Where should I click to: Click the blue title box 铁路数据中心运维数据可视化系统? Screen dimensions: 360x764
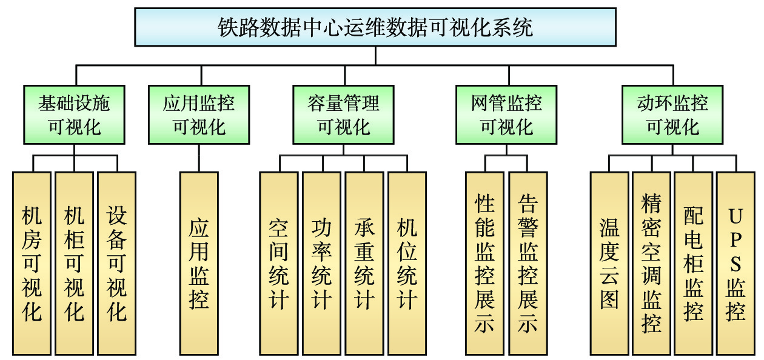tap(375, 28)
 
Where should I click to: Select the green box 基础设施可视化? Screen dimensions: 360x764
tap(75, 115)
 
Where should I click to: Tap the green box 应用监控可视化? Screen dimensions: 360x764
tap(199, 115)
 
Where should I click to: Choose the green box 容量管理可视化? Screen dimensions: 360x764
tap(343, 115)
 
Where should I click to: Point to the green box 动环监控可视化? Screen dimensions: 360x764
tap(672, 115)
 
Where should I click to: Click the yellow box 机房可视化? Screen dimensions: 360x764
tap(32, 263)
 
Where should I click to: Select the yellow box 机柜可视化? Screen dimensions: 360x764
tap(74, 263)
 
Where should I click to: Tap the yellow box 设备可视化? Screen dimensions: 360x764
tap(116, 263)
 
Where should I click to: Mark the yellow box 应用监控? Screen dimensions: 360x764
tap(199, 263)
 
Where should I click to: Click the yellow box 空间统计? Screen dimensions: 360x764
tap(279, 263)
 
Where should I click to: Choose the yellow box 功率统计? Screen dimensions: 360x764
tap(321, 263)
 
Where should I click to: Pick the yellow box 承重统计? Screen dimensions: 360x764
tap(364, 263)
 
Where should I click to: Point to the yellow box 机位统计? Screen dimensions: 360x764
tap(407, 263)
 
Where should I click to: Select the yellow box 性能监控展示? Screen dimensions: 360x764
tap(484, 263)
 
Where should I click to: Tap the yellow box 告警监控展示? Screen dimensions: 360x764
tap(528, 263)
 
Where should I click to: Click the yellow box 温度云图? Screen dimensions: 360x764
tap(609, 263)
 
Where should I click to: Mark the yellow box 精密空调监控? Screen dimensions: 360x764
tap(652, 263)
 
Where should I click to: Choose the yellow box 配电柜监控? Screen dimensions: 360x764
tap(694, 263)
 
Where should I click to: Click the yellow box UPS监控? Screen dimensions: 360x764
tap(736, 263)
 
